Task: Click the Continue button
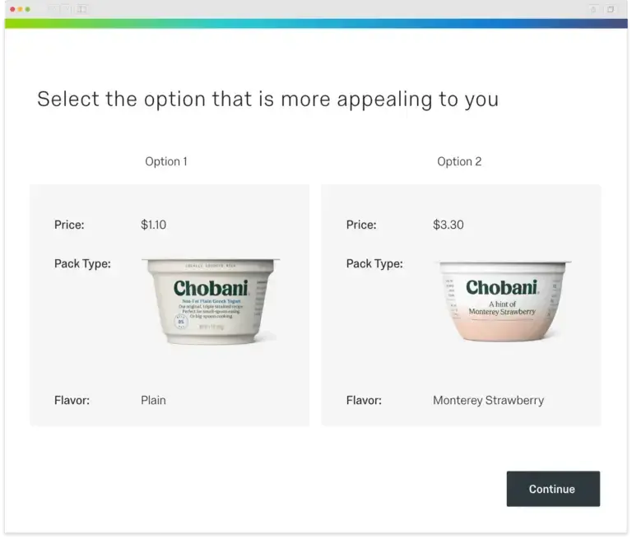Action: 552,489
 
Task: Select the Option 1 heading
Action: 166,161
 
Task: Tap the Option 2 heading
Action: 459,161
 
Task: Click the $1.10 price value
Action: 154,225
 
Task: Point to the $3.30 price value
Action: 448,225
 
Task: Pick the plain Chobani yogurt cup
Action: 210,300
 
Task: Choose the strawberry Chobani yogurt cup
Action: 503,301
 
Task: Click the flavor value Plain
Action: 153,401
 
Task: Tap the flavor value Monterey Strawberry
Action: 488,401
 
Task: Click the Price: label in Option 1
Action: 69,225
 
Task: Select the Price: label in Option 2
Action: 361,225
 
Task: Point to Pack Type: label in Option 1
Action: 82,264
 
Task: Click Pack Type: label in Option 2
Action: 374,264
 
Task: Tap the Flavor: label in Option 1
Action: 72,401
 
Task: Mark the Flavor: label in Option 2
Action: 364,401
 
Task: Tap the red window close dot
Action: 12,9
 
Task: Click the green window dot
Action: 28,9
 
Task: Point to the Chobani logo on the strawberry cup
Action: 502,288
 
